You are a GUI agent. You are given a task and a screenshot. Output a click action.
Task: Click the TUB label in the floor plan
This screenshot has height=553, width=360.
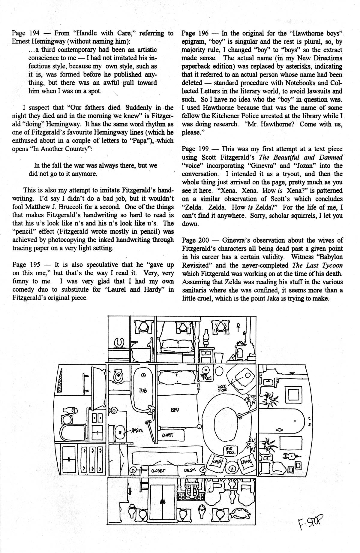(143, 391)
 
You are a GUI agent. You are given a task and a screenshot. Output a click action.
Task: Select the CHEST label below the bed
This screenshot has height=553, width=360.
(168, 435)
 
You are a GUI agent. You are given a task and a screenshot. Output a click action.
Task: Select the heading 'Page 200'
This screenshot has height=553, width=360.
(194, 240)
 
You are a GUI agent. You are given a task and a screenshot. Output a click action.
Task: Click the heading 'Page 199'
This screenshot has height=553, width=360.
(194, 149)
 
